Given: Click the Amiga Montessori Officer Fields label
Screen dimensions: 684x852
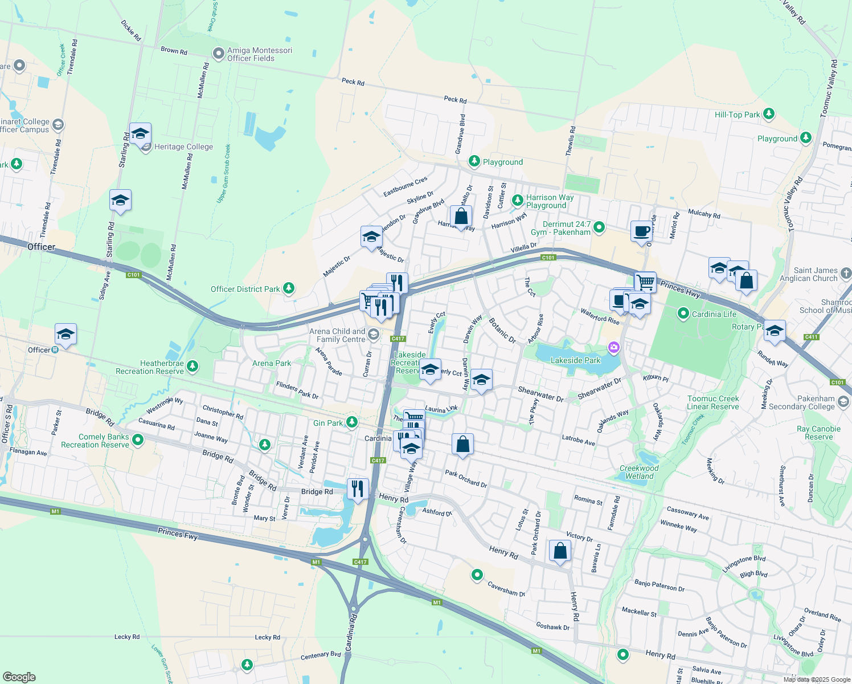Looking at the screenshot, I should point(259,54).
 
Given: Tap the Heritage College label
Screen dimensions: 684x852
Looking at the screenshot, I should point(183,146).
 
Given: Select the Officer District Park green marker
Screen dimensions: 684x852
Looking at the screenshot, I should point(289,288).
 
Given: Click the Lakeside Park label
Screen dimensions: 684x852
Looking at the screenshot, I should point(575,360).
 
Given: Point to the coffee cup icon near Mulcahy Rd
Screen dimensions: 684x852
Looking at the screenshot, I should point(642,231).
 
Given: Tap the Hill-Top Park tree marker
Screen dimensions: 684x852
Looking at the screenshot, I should point(768,114).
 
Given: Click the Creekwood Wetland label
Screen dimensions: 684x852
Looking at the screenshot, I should point(639,472).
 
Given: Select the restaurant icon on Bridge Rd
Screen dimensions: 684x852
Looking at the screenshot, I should point(357,488).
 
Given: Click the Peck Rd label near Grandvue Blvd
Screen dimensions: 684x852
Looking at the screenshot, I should point(455,99).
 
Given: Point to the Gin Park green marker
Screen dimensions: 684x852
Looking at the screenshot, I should point(352,422).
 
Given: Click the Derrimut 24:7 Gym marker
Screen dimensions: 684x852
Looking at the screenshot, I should point(599,227).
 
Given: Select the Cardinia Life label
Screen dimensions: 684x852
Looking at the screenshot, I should point(714,314).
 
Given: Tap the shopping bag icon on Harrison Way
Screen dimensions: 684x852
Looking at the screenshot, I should point(461,217).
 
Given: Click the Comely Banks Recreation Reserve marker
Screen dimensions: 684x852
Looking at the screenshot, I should point(138,441).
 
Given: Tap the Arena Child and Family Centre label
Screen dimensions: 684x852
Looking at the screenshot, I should point(337,335).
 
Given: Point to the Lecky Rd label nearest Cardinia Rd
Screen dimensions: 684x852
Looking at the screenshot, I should point(267,637).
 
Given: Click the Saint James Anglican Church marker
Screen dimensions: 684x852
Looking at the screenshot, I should point(846,274).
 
